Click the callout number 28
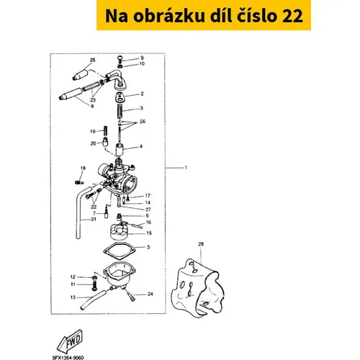pos(201,244)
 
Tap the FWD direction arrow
pos(70,341)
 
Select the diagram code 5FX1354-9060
pos(68,358)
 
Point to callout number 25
pos(92,60)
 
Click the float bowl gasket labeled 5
pos(120,251)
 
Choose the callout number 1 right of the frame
pos(186,168)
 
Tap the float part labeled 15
pos(119,231)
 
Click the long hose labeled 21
pos(78,216)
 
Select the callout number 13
pos(73,297)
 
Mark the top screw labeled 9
pos(120,58)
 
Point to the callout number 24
pos(150,294)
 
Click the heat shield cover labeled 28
pos(198,288)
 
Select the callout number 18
pos(83,168)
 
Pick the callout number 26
pos(143,122)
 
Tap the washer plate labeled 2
pos(120,96)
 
